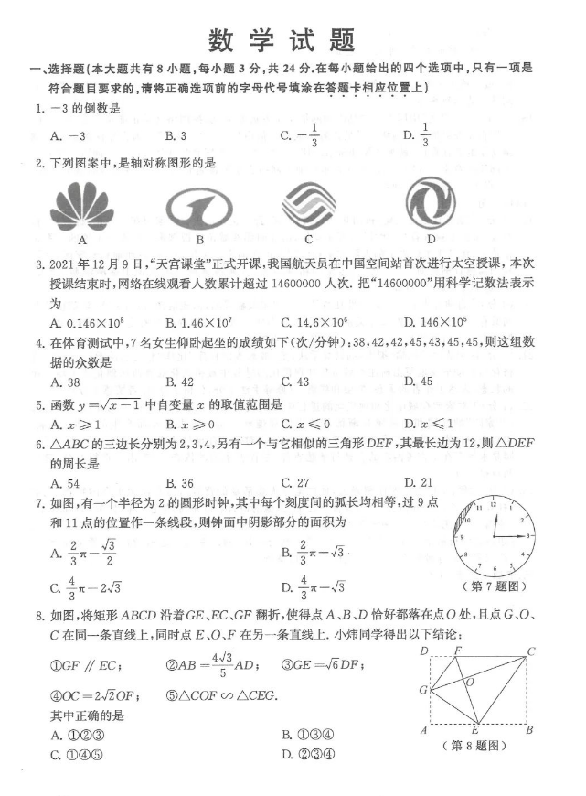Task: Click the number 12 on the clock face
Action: coord(493,504)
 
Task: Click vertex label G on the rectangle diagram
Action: coord(423,689)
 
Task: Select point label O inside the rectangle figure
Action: coord(470,682)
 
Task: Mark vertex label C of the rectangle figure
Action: coord(530,651)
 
